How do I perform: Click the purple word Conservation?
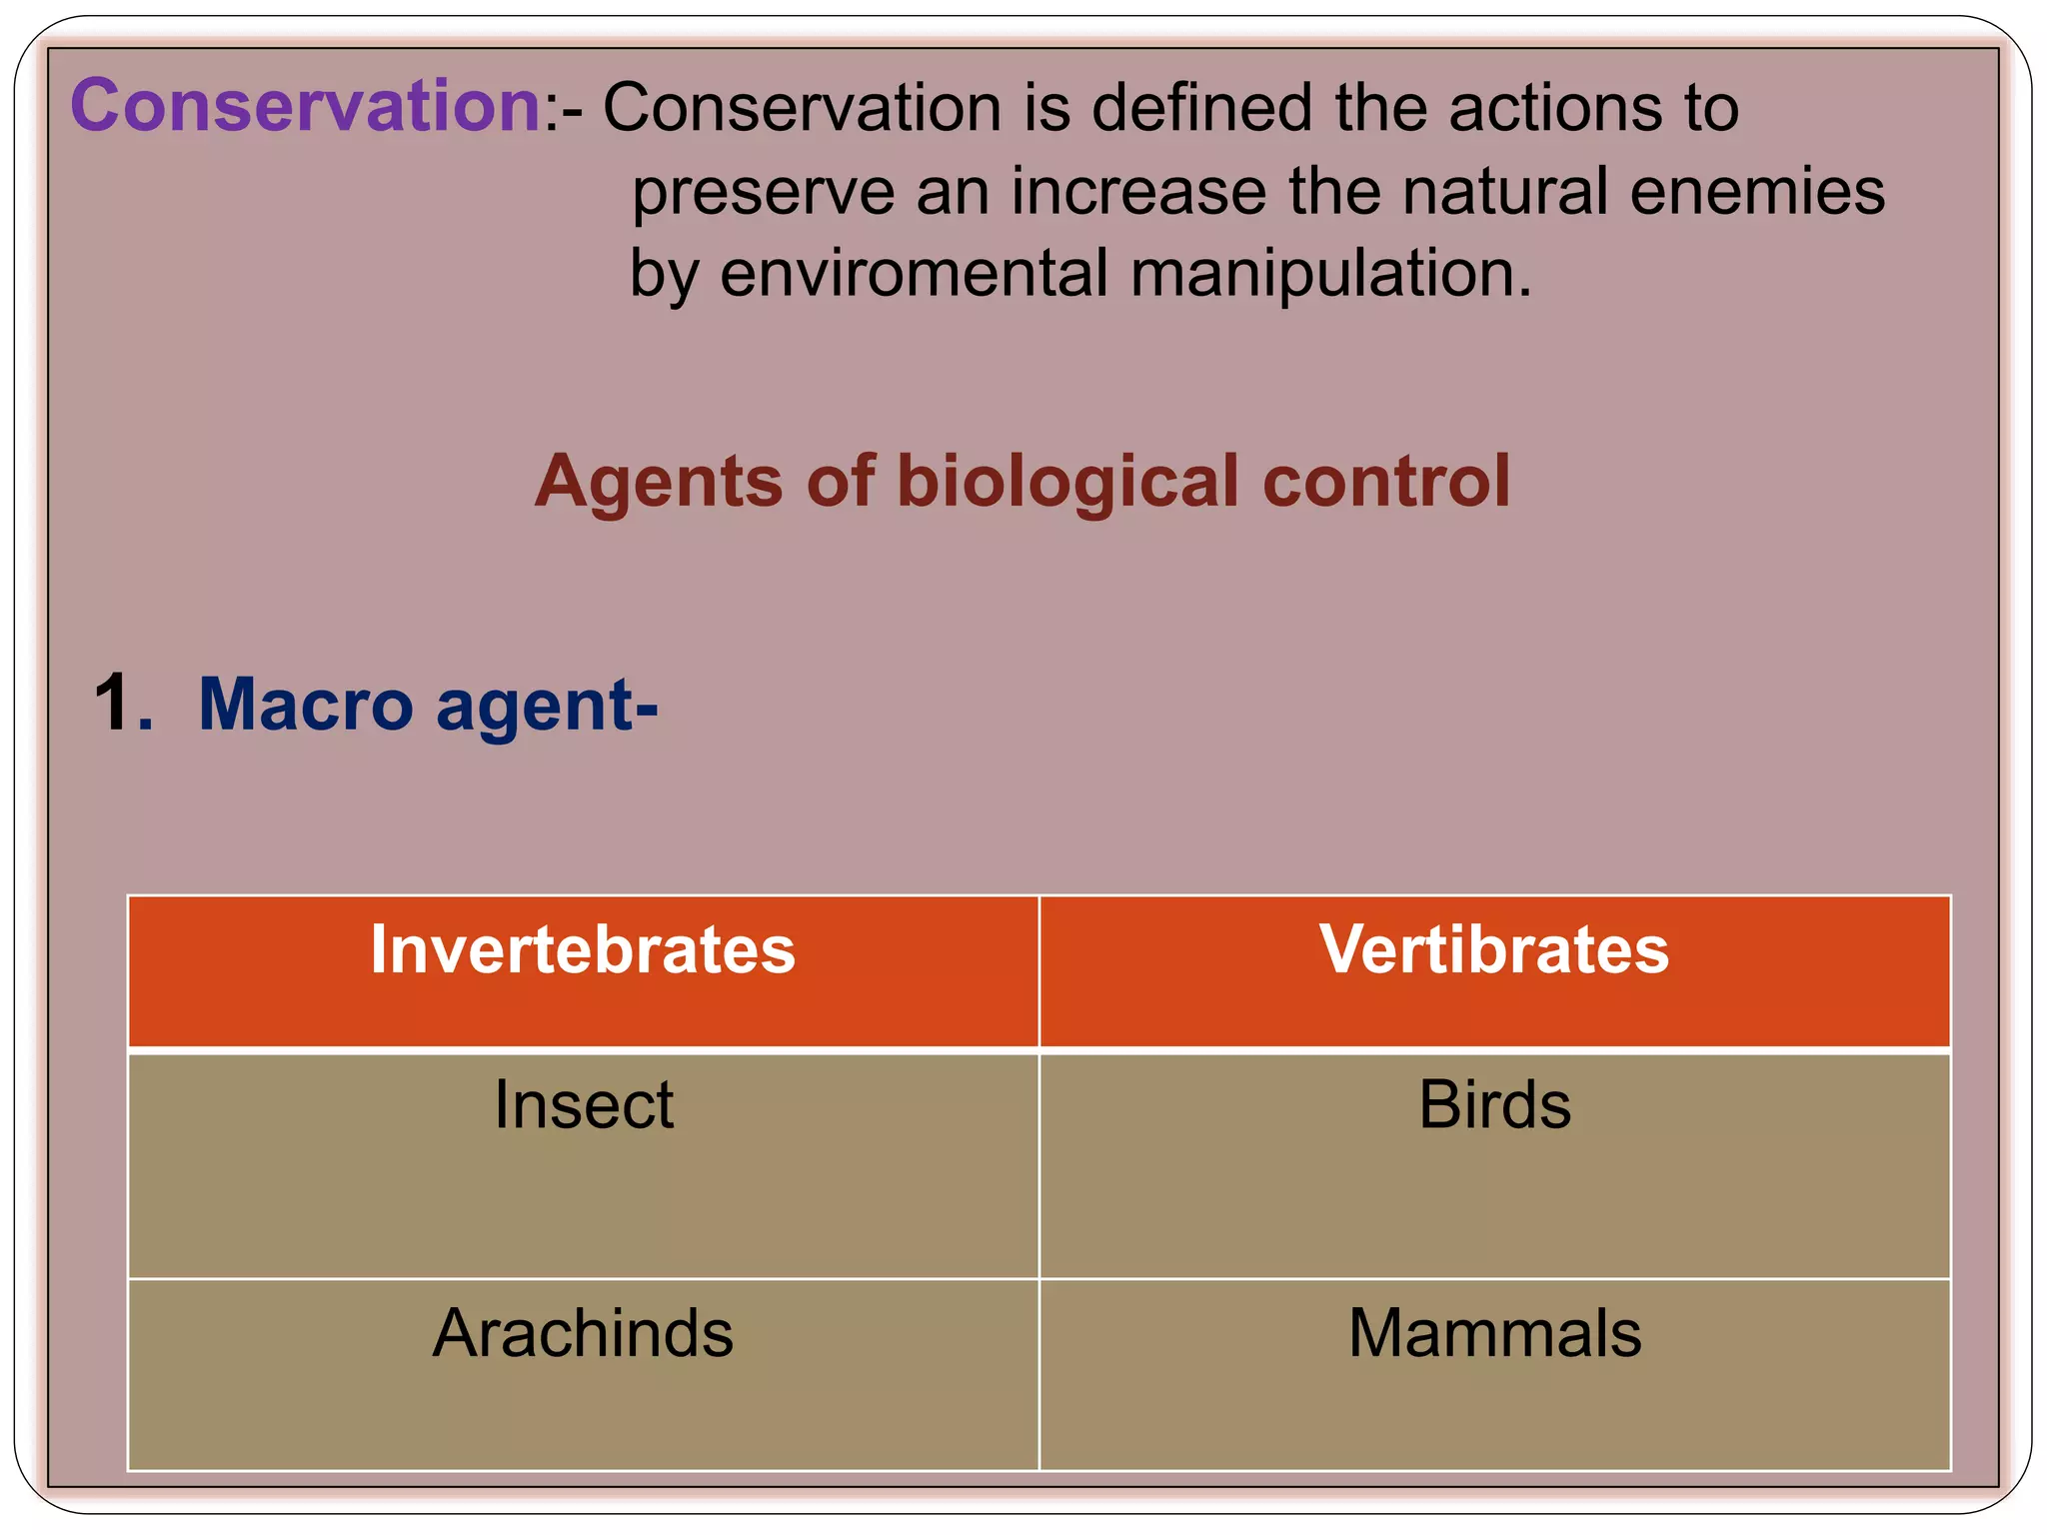[x=306, y=105]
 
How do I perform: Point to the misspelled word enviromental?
[x=914, y=273]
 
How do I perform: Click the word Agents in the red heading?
[x=658, y=482]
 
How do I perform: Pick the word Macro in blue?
[x=306, y=705]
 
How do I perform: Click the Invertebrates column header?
[x=583, y=949]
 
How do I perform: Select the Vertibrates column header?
[x=1493, y=949]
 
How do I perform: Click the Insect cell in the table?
[x=584, y=1106]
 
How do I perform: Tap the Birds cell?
[x=1494, y=1105]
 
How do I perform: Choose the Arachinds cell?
[x=583, y=1334]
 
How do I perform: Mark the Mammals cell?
[x=1494, y=1334]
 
